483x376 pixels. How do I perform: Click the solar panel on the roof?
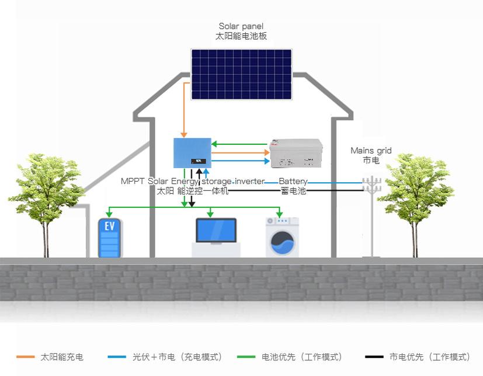pyautogui.click(x=241, y=74)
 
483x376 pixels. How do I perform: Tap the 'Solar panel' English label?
pyautogui.click(x=241, y=26)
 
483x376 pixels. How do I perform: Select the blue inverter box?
pyautogui.click(x=192, y=153)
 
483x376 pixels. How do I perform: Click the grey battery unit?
pyautogui.click(x=296, y=153)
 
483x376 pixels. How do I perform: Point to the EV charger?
pyautogui.click(x=110, y=238)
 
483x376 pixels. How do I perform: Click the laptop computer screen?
pyautogui.click(x=216, y=231)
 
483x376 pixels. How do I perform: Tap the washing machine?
pyautogui.click(x=282, y=237)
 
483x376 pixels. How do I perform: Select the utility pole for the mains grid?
pyautogui.click(x=371, y=216)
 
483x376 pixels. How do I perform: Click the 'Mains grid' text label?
pyautogui.click(x=371, y=151)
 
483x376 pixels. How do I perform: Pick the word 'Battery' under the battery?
pyautogui.click(x=293, y=182)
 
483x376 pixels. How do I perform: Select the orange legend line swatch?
pyautogui.click(x=25, y=357)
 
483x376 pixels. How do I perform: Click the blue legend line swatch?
pyautogui.click(x=117, y=357)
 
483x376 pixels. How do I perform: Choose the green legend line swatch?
pyautogui.click(x=246, y=357)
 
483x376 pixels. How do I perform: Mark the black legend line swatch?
pyautogui.click(x=374, y=357)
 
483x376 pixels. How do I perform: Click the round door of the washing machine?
pyautogui.click(x=283, y=242)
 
